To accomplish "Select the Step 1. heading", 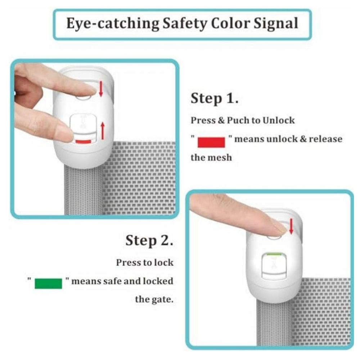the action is [215, 99].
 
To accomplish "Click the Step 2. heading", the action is [149, 240].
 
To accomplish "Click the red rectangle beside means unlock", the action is [211, 142].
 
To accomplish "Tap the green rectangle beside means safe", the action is [48, 283].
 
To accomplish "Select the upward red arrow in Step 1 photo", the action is [103, 131].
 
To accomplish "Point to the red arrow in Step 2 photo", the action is [291, 226].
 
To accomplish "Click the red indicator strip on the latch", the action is [84, 141].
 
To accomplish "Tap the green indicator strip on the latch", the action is [274, 254].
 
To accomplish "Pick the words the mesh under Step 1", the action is [211, 158].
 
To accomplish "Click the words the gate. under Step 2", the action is [154, 300].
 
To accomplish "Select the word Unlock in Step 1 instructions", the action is [279, 120].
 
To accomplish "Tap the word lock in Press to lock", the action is [164, 263].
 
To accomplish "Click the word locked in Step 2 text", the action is [158, 281].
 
